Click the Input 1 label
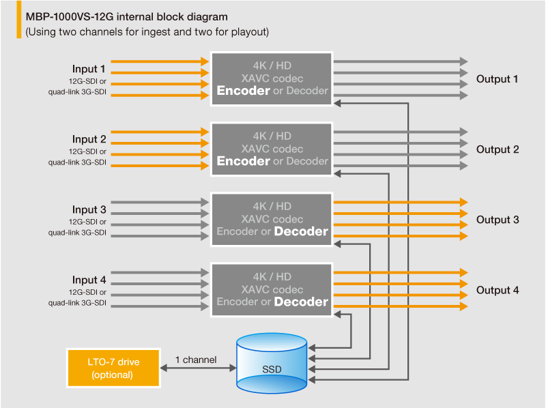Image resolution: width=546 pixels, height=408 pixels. click(89, 69)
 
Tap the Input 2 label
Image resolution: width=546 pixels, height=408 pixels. click(89, 139)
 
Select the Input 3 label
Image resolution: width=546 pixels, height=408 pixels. click(89, 209)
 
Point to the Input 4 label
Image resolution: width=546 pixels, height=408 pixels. click(89, 280)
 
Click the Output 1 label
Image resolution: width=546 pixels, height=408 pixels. click(498, 79)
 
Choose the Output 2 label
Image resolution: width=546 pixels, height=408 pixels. click(498, 149)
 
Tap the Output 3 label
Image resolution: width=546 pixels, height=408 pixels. click(498, 220)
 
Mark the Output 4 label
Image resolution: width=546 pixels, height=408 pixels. click(498, 290)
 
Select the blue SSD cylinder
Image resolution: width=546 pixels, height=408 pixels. click(271, 364)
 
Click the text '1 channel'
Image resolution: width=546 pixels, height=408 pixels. click(196, 359)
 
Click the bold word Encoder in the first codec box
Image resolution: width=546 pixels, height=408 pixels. click(243, 91)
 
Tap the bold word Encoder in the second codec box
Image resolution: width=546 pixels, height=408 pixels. click(243, 161)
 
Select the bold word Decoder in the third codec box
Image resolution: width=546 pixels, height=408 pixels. click(301, 231)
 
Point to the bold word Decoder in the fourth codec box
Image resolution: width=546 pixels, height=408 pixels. click(301, 302)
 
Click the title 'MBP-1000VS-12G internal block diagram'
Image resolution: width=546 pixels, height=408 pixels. click(127, 16)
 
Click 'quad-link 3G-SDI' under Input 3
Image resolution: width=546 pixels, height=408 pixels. click(77, 233)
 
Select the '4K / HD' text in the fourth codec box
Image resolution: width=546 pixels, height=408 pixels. click(272, 276)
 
